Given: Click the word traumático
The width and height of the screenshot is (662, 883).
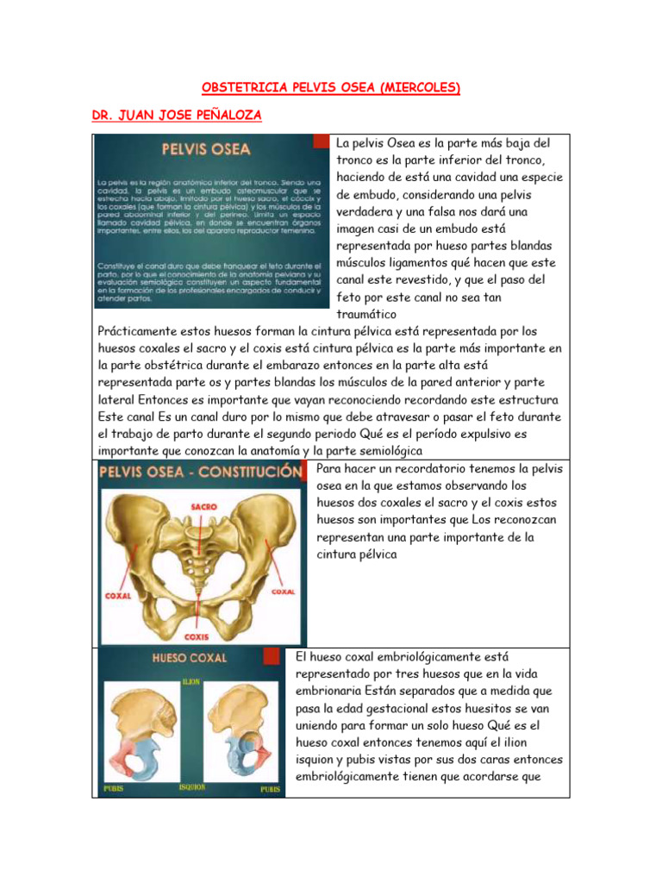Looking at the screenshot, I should pos(371,315).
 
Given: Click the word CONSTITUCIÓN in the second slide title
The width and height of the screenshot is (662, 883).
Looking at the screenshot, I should pos(254,473).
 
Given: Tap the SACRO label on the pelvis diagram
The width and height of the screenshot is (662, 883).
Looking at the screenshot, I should pos(203,507).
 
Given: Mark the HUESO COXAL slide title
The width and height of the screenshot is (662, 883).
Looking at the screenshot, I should pos(189,658).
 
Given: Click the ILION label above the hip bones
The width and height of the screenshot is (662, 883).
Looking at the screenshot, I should pos(191,681).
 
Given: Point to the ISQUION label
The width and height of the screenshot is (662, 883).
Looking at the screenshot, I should pos(192,787).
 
